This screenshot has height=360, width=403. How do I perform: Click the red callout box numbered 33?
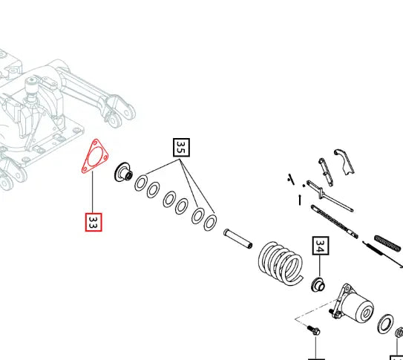[94, 222]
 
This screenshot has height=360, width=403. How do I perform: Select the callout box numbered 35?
[181, 148]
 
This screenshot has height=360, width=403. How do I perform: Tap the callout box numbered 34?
[321, 246]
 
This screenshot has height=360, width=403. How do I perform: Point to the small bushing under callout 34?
[318, 285]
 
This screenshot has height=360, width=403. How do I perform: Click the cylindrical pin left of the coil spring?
[237, 239]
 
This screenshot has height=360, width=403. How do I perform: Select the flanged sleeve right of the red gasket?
[124, 172]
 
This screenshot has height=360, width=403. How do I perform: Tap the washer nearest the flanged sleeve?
[141, 183]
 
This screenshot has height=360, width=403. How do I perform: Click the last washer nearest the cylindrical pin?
[210, 222]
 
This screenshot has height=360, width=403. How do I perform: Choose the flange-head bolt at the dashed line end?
[313, 330]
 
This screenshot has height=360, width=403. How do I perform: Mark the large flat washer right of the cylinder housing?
[385, 324]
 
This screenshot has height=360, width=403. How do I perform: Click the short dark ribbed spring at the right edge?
[387, 243]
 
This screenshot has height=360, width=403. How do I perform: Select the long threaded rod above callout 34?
[334, 221]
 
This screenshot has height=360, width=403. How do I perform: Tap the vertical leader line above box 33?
[93, 192]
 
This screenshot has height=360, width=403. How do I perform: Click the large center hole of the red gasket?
[95, 157]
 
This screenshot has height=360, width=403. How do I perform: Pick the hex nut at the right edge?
[399, 333]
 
